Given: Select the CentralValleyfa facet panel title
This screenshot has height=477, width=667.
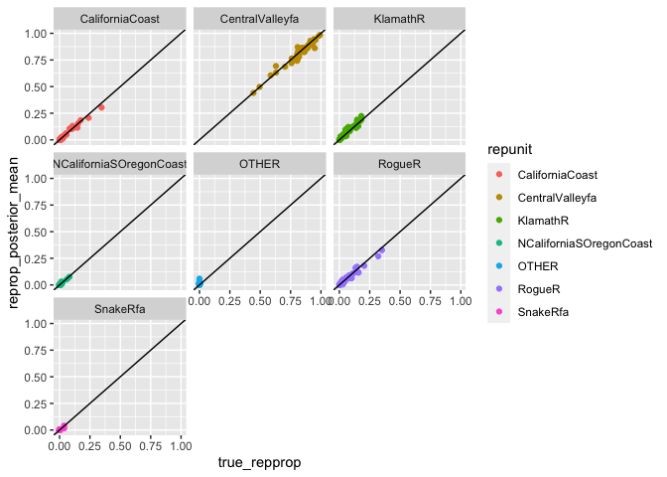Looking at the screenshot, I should tap(258, 18).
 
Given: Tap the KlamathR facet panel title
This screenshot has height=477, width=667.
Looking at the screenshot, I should tap(399, 18).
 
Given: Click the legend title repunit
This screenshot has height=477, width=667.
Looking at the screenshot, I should tap(505, 148).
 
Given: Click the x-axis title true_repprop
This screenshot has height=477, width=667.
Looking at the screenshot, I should tap(258, 462).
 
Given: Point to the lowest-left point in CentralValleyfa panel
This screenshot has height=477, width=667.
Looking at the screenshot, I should tap(253, 92).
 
